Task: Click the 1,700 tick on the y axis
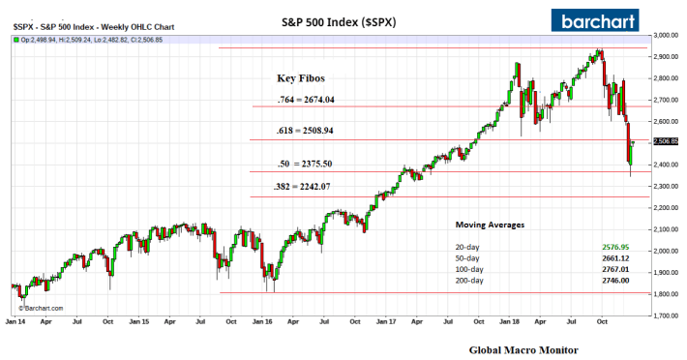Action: pyautogui.click(x=664, y=315)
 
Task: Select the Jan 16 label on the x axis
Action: pyautogui.click(x=262, y=320)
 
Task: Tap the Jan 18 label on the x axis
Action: pyautogui.click(x=510, y=320)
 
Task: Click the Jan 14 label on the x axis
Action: pyautogui.click(x=15, y=320)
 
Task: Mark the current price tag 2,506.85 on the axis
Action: pyautogui.click(x=666, y=141)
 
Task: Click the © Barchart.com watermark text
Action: pyautogui.click(x=39, y=308)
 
